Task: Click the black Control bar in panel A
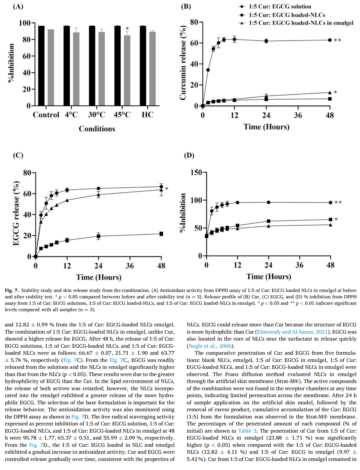[x=41, y=66]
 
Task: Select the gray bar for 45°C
[x=127, y=70]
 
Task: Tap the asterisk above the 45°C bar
[x=127, y=29]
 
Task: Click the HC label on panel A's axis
[x=147, y=115]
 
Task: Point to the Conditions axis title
[x=97, y=129]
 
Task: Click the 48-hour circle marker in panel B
[x=330, y=40]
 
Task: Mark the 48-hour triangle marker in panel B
[x=330, y=92]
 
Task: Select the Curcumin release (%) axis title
[x=183, y=63]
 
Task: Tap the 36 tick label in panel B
[x=298, y=115]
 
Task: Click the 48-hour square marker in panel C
[x=161, y=234]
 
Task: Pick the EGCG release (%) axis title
[x=16, y=213]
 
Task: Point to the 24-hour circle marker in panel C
[x=99, y=188]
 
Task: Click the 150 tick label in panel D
[x=196, y=172]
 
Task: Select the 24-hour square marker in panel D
[x=268, y=221]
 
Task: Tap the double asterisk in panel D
[x=338, y=202]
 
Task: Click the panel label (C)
[x=18, y=155]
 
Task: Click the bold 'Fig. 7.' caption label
[x=12, y=290]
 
